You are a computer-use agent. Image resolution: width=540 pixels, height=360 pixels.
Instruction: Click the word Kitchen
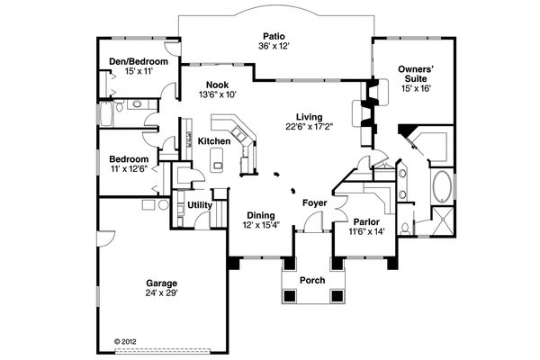214,141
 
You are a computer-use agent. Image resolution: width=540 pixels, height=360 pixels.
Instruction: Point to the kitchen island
216,161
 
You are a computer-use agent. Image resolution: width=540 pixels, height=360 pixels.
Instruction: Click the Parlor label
365,221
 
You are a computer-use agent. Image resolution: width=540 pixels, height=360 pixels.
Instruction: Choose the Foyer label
313,202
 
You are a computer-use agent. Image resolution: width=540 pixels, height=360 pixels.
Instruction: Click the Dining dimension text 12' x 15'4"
262,225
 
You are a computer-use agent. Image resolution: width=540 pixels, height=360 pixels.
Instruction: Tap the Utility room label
199,205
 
